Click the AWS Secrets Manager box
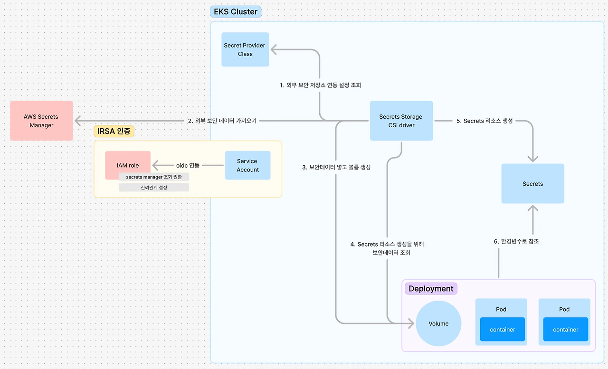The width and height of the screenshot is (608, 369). [42, 121]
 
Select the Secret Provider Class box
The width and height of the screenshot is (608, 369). [245, 49]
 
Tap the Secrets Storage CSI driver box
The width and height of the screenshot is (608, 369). [401, 121]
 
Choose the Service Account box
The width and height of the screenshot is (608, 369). [247, 165]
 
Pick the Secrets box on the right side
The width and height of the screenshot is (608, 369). [532, 184]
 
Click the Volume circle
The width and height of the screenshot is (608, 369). [438, 323]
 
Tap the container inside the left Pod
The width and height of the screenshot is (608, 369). [502, 330]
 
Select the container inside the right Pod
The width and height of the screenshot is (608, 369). [565, 330]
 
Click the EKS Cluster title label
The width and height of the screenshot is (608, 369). [236, 12]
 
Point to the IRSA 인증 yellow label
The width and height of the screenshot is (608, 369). [114, 132]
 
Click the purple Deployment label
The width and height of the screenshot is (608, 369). [431, 289]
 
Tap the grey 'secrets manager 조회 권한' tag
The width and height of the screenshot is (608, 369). [154, 177]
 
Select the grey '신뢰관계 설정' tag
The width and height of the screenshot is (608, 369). [154, 188]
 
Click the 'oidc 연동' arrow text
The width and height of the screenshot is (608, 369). [188, 165]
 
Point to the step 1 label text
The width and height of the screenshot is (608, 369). [320, 85]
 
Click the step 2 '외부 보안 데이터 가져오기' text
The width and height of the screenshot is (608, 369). [222, 121]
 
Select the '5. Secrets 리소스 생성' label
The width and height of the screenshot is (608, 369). [484, 121]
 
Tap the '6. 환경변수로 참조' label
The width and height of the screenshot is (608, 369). [516, 241]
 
